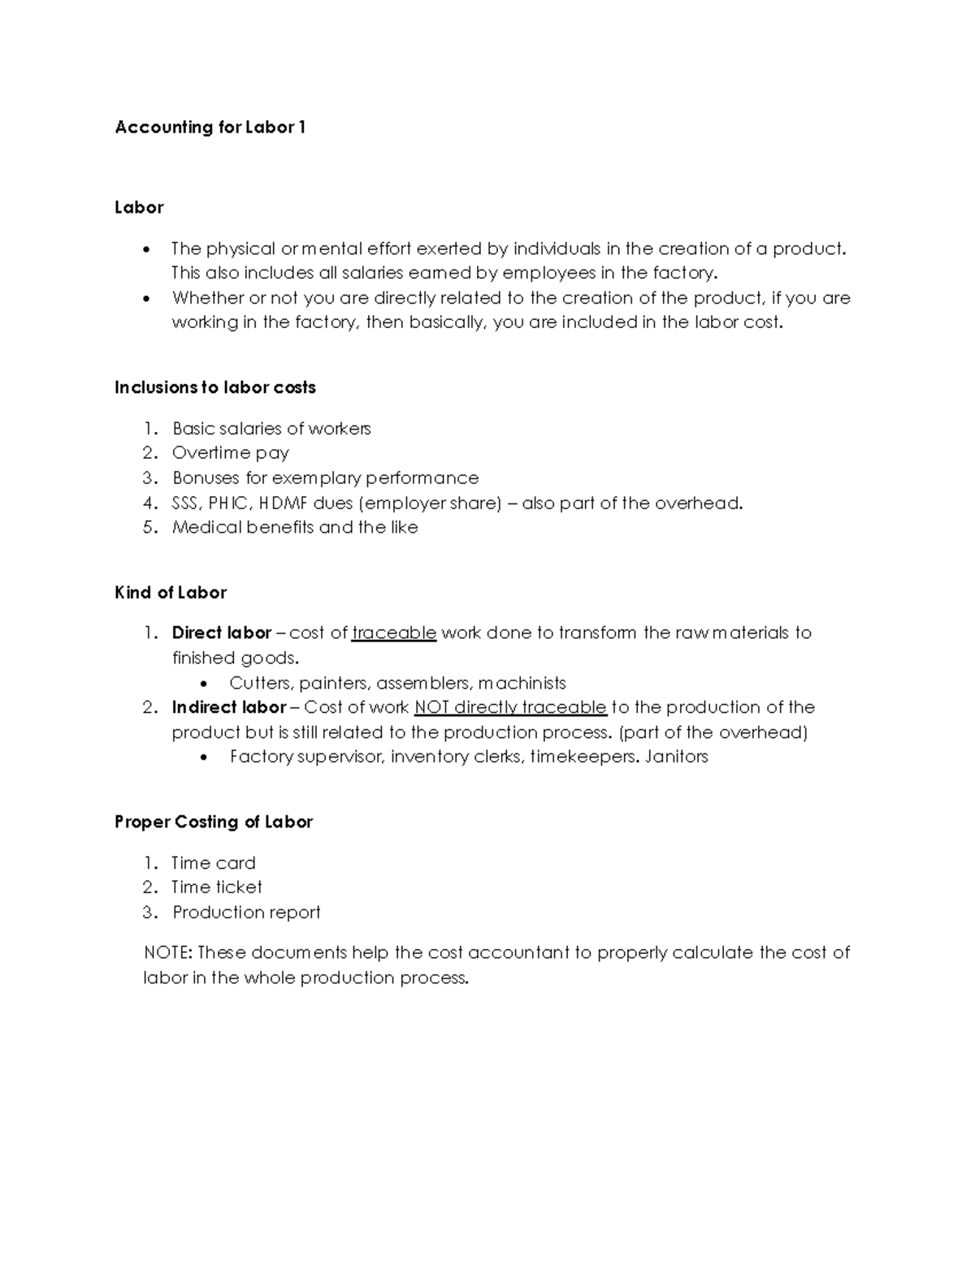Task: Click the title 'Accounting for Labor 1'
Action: (x=210, y=127)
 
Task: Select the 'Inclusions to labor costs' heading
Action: (x=214, y=387)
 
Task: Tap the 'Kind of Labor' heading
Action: (x=171, y=593)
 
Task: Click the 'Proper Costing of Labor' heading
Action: (x=214, y=822)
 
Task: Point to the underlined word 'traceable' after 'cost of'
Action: (x=394, y=633)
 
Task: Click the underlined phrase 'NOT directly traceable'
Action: (x=510, y=707)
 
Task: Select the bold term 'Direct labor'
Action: (x=221, y=633)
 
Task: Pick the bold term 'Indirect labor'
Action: (x=228, y=707)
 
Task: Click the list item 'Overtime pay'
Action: (x=231, y=453)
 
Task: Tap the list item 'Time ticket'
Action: (x=217, y=887)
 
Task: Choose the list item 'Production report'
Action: (x=246, y=913)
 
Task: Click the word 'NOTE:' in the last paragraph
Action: (x=167, y=952)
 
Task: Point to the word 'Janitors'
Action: (x=677, y=757)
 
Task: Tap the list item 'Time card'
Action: (x=214, y=863)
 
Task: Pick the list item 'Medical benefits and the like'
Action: (x=295, y=528)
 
